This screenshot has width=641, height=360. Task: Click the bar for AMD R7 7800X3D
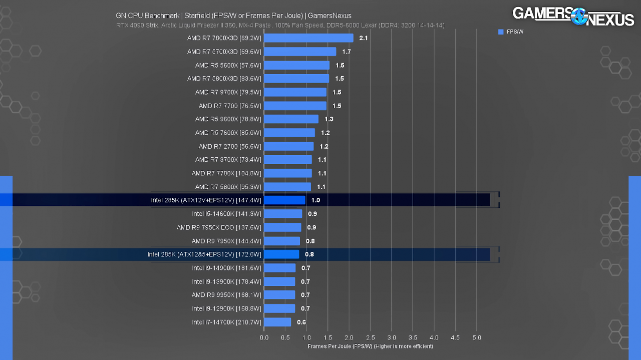coord(308,38)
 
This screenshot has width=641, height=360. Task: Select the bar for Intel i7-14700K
coord(277,322)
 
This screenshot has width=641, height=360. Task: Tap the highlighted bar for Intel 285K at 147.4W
coord(284,200)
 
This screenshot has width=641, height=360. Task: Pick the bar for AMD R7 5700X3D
coord(300,52)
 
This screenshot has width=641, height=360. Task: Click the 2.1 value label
coord(364,38)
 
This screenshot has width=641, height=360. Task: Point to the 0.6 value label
coord(301,322)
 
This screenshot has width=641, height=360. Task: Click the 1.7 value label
coord(346,52)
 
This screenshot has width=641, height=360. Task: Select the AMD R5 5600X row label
coord(228,66)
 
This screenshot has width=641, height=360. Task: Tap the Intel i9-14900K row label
coord(226,268)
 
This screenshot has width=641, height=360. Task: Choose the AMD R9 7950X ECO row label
coord(219,227)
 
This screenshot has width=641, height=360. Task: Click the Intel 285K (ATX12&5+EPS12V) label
coord(204,254)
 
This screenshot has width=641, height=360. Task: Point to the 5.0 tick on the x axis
coord(476,338)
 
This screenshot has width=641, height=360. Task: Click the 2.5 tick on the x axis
coord(370,338)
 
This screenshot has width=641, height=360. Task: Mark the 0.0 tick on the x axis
coord(264,338)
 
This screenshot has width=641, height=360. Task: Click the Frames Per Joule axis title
coord(370,346)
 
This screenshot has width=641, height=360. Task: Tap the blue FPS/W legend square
coord(501,32)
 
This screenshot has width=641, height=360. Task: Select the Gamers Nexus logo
coord(573,17)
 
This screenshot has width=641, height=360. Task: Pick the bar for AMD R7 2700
coord(289,147)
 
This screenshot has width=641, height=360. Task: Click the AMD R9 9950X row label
coord(226,295)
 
